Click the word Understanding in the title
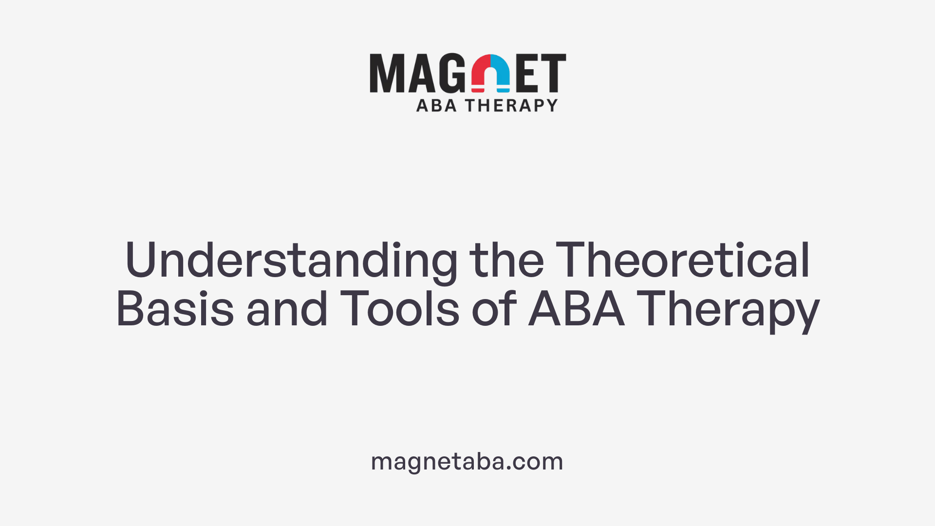(291, 261)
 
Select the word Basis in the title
(175, 309)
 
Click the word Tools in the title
(399, 309)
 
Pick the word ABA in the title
(577, 309)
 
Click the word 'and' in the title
(287, 309)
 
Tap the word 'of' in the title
(493, 309)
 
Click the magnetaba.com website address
(467, 461)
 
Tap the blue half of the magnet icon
(501, 71)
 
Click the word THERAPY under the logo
(511, 105)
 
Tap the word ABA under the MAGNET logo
(436, 105)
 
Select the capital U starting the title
(140, 260)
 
